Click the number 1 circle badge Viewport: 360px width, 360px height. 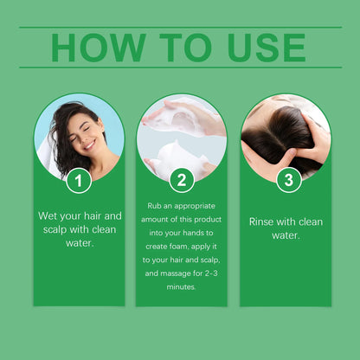pos(79,181)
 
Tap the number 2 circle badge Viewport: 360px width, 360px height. pos(181,181)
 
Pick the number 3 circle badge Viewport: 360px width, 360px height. pos(288,181)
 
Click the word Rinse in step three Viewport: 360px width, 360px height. pos(261,222)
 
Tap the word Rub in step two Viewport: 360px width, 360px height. pos(154,205)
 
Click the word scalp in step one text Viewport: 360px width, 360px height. pos(57,229)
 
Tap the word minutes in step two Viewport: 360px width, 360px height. pos(182,286)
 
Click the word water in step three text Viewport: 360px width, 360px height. pos(286,235)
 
